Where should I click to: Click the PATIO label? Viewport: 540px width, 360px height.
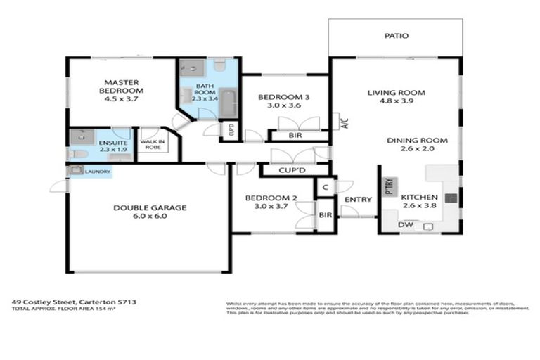tap(396, 36)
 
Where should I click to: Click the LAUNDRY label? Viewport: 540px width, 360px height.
tap(97, 171)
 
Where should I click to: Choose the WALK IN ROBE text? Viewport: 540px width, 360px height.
tap(151, 146)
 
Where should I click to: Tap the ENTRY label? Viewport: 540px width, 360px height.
tap(357, 200)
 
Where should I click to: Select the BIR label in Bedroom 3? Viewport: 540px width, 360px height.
tap(295, 135)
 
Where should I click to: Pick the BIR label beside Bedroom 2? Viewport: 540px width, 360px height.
tap(325, 216)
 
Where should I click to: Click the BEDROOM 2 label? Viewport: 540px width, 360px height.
tap(271, 199)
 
